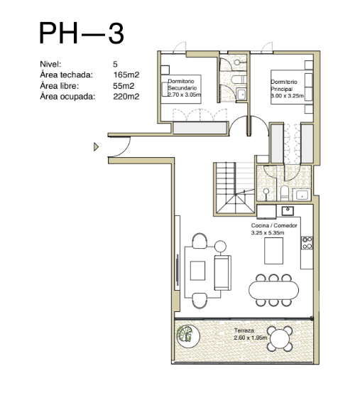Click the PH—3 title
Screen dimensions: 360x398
click(x=82, y=33)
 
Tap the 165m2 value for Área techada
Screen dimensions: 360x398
click(x=126, y=75)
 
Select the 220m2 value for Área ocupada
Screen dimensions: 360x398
click(x=126, y=97)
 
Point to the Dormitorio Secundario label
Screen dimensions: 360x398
click(x=182, y=85)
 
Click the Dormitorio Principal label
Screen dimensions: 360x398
click(x=284, y=85)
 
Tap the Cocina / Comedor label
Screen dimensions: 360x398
click(x=274, y=225)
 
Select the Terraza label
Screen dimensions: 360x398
click(x=244, y=330)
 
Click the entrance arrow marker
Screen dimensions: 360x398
click(x=96, y=146)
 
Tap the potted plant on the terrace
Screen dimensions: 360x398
click(x=188, y=336)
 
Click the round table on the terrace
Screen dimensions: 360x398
click(x=280, y=339)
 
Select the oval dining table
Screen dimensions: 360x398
click(x=273, y=290)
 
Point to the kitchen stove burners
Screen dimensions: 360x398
click(x=307, y=242)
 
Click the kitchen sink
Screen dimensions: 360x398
click(x=288, y=210)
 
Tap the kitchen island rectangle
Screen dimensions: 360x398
click(x=273, y=251)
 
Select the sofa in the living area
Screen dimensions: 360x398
click(x=222, y=273)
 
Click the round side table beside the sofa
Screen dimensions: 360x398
click(x=220, y=246)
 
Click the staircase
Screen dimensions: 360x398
click(x=235, y=189)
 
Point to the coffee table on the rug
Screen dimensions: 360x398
click(x=197, y=271)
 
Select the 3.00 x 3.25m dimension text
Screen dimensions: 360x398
click(x=287, y=96)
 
